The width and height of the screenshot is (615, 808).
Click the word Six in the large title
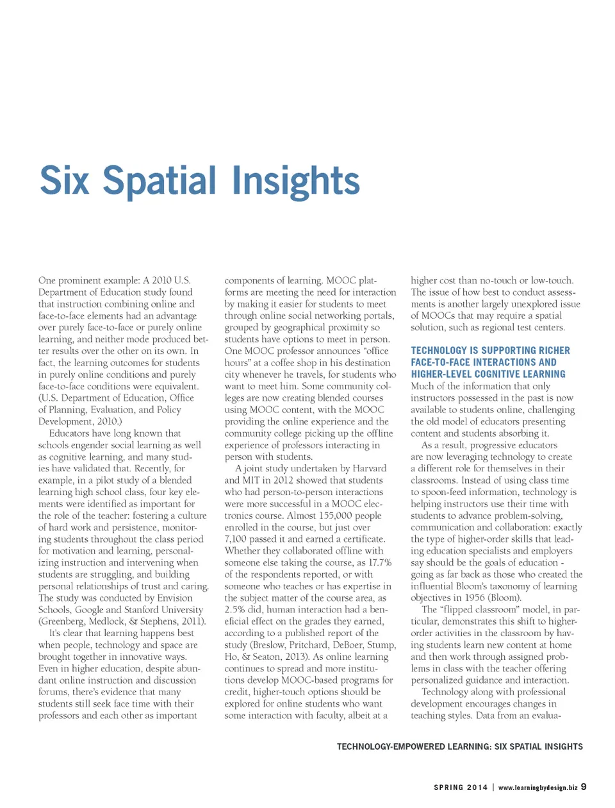64,181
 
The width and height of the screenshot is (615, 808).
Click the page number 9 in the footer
584,787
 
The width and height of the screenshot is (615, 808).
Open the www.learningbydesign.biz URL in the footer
537,787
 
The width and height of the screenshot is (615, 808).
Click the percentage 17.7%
379,562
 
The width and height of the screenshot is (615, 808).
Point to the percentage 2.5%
235,610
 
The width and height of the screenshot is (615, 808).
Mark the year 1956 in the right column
475,598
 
